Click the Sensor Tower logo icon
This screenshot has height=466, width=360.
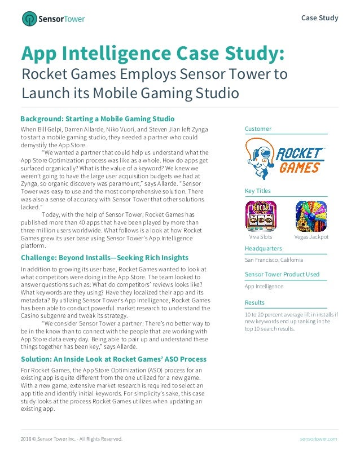coord(29,19)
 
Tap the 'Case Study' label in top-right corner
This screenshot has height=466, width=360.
coord(319,17)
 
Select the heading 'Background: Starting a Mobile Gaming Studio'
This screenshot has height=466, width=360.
coord(97,119)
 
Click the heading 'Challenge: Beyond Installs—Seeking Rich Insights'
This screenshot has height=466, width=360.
coord(104,258)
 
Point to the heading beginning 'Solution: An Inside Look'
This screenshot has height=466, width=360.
coord(113,359)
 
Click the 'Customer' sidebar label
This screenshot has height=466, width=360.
coord(258,129)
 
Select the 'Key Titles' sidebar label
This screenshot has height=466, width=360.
coord(258,191)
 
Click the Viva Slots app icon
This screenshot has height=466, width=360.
coord(261,216)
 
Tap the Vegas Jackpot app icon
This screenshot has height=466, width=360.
coord(311,216)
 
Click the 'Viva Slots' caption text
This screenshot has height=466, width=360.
coord(261,237)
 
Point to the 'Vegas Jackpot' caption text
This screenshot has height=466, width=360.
coord(311,237)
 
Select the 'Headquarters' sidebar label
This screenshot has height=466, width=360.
coord(264,248)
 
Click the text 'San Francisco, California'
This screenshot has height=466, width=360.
coord(274,260)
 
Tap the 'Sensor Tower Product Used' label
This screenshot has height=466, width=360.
coord(282,275)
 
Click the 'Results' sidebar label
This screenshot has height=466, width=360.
coord(254,303)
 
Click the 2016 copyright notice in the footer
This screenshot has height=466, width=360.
coord(72,438)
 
